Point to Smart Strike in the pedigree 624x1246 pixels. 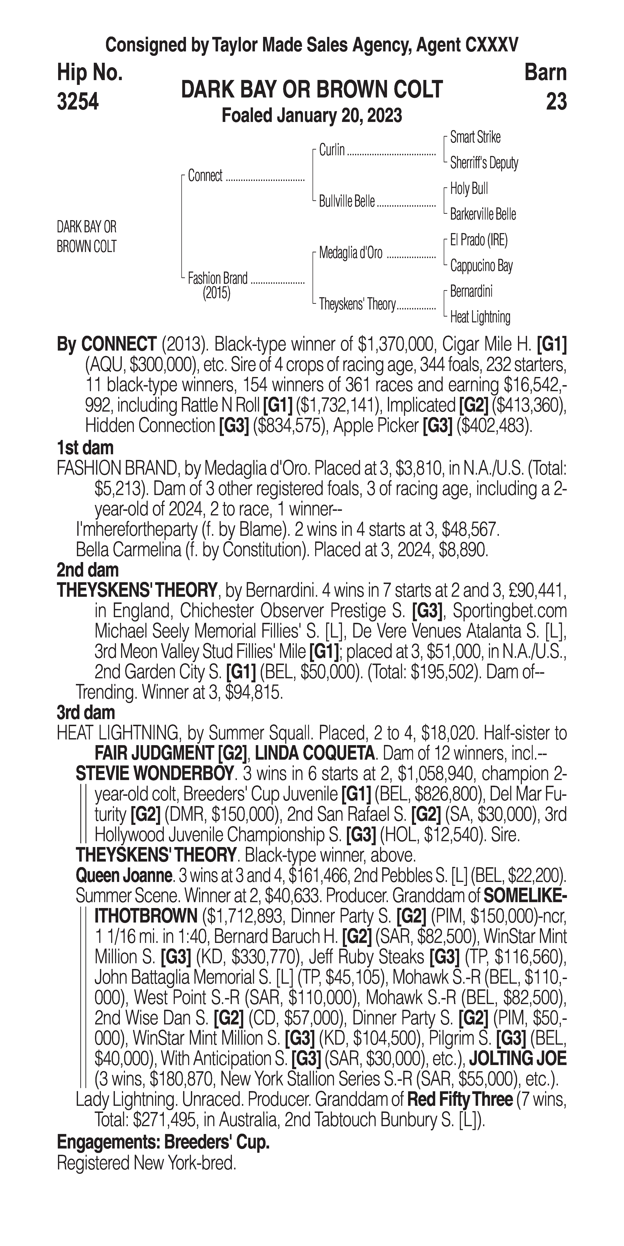pyautogui.click(x=475, y=137)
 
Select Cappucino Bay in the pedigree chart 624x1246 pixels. pyautogui.click(x=481, y=266)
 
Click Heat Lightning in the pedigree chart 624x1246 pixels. pyautogui.click(x=480, y=317)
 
